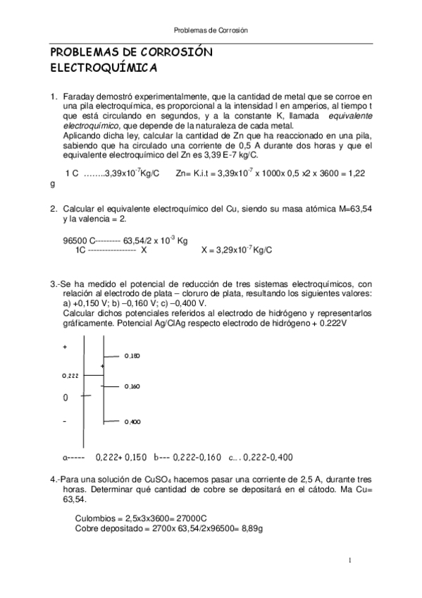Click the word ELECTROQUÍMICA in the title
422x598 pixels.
(x=103, y=69)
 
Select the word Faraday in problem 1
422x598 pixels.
(x=79, y=96)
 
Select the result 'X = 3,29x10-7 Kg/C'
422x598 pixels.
(x=237, y=250)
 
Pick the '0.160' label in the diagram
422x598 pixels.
(x=131, y=386)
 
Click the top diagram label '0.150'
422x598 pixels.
(x=131, y=355)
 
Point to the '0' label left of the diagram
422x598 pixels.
(x=66, y=398)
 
